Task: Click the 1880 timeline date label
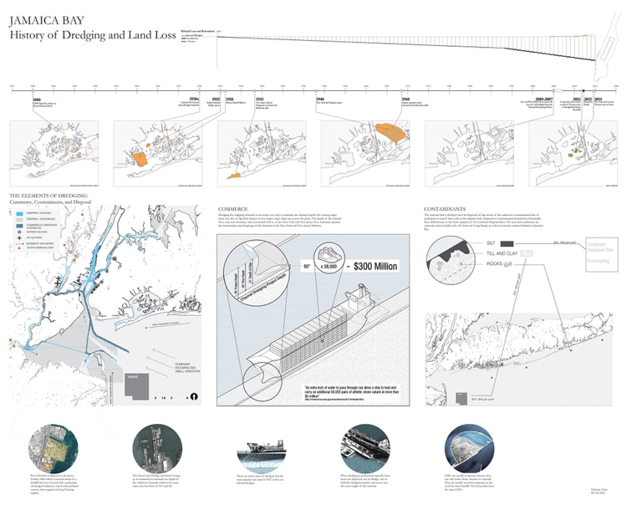(x=36, y=99)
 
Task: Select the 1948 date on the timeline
(x=321, y=99)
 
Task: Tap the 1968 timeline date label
(x=405, y=99)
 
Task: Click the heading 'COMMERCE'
(x=234, y=207)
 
